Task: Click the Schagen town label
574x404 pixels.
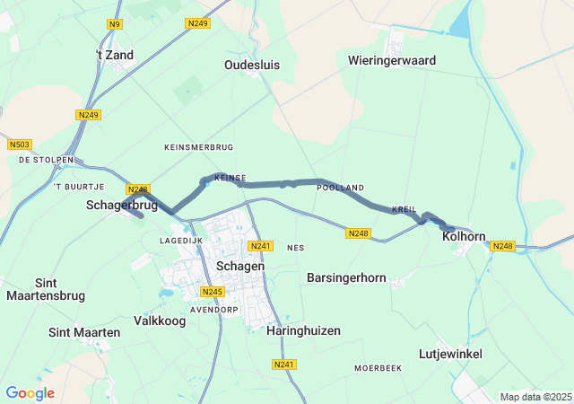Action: pyautogui.click(x=239, y=267)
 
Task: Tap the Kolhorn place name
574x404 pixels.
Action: pyautogui.click(x=464, y=237)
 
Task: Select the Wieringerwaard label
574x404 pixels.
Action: pyautogui.click(x=392, y=60)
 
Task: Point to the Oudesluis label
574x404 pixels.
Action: pyautogui.click(x=254, y=65)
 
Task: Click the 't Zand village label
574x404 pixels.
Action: pyautogui.click(x=114, y=55)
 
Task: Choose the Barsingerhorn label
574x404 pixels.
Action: pyautogui.click(x=346, y=277)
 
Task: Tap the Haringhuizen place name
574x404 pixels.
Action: pyautogui.click(x=303, y=330)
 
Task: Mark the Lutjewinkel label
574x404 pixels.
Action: pyautogui.click(x=450, y=354)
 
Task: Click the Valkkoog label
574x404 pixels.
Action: pyautogui.click(x=159, y=321)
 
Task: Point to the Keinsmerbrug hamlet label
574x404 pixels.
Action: pyautogui.click(x=199, y=145)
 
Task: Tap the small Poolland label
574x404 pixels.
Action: pyautogui.click(x=340, y=187)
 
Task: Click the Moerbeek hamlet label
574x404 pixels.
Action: pyautogui.click(x=377, y=368)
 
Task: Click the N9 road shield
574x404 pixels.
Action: pyautogui.click(x=114, y=24)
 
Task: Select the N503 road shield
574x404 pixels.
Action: pyautogui.click(x=19, y=145)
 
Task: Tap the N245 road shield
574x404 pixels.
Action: pyautogui.click(x=212, y=292)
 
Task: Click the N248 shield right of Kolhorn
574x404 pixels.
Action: pyautogui.click(x=503, y=246)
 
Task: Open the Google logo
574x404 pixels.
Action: pyautogui.click(x=30, y=393)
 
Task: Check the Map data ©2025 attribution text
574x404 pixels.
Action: pyautogui.click(x=535, y=397)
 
